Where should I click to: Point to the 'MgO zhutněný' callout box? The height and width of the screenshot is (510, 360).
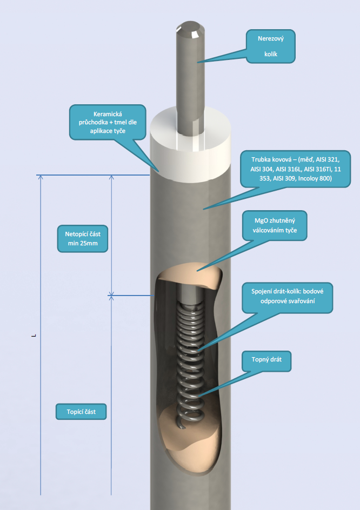click(276, 225)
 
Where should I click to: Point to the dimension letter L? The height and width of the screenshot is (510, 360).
click(34, 336)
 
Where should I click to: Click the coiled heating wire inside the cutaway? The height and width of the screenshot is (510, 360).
click(189, 357)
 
